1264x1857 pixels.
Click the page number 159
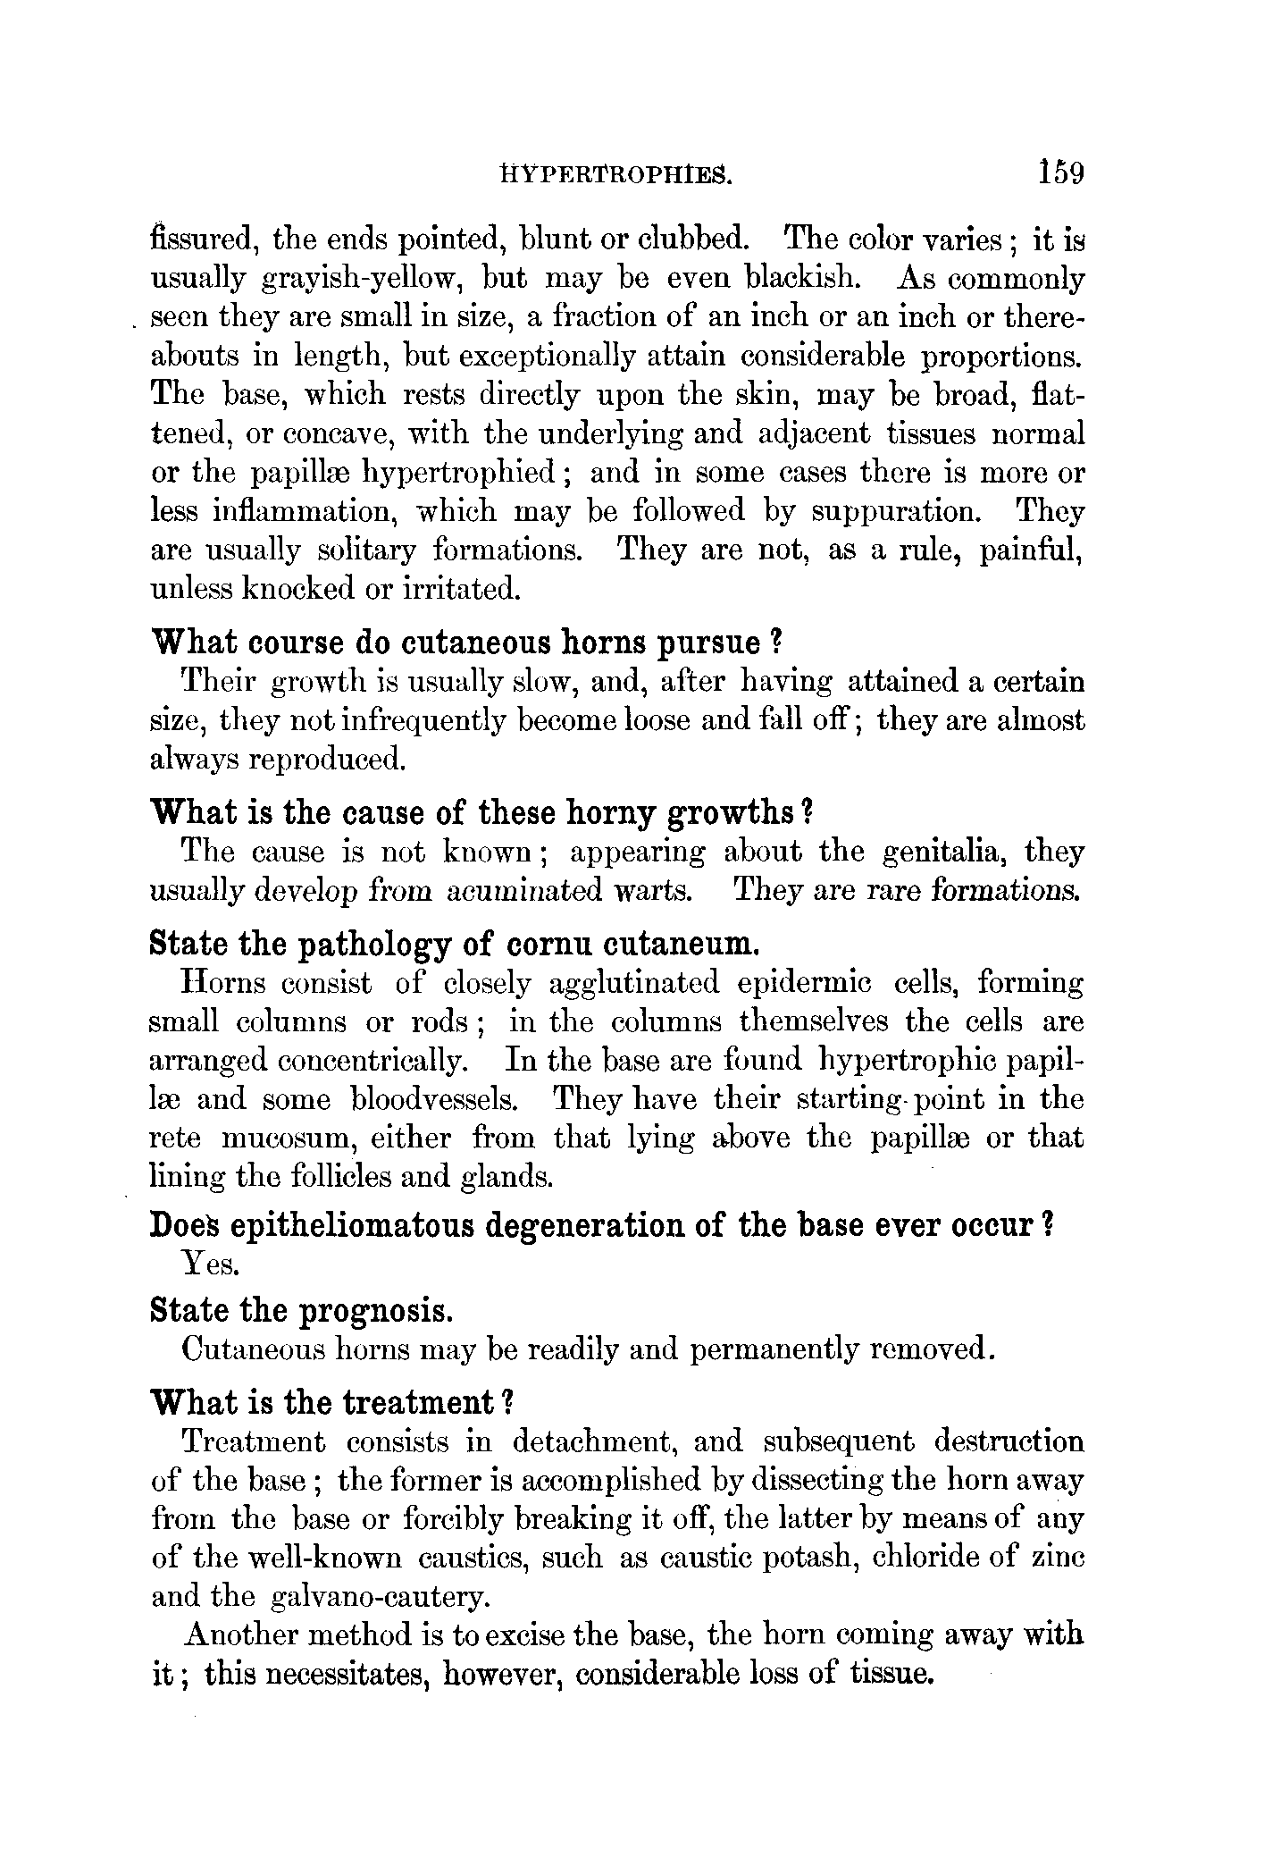click(1060, 171)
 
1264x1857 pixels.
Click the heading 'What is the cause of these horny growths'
click(482, 813)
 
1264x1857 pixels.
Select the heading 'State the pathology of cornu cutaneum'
click(456, 944)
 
